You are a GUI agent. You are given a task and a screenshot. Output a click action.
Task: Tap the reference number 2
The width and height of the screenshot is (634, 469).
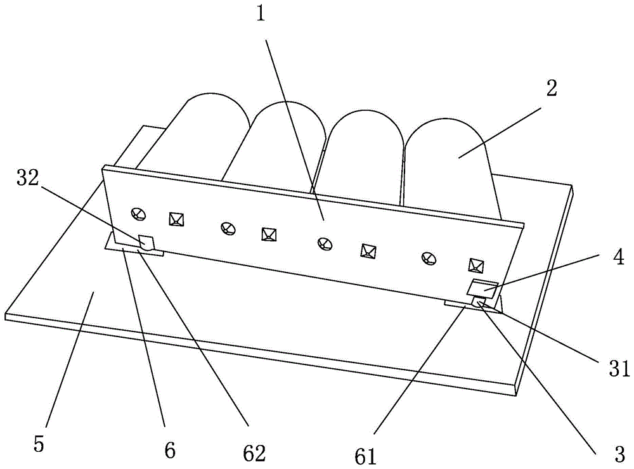click(552, 87)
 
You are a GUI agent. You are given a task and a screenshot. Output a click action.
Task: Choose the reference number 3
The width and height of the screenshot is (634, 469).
click(619, 455)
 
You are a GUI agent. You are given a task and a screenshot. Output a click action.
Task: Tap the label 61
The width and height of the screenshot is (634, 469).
click(366, 456)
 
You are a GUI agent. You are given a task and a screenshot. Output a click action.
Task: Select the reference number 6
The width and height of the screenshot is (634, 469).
click(170, 449)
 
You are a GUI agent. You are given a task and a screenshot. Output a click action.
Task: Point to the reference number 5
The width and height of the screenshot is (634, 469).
click(39, 444)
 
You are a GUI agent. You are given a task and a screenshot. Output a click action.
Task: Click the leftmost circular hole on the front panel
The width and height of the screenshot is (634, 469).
click(138, 214)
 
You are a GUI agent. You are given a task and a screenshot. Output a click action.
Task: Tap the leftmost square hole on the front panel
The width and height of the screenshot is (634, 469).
click(176, 219)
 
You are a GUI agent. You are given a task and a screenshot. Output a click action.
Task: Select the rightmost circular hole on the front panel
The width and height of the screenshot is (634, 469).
click(429, 258)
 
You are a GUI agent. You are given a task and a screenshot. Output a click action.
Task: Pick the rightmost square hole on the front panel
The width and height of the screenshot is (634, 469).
click(476, 265)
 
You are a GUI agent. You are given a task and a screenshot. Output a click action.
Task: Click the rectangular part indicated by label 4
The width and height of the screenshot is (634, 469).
click(482, 288)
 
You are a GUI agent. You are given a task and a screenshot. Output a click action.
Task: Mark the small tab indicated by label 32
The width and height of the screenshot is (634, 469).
click(146, 243)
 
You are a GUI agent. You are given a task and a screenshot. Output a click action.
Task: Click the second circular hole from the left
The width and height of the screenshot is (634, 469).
click(228, 228)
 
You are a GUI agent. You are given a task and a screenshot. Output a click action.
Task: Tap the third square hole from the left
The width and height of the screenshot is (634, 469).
click(368, 250)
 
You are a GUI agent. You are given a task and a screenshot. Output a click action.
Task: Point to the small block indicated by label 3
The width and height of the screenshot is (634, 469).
click(479, 301)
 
